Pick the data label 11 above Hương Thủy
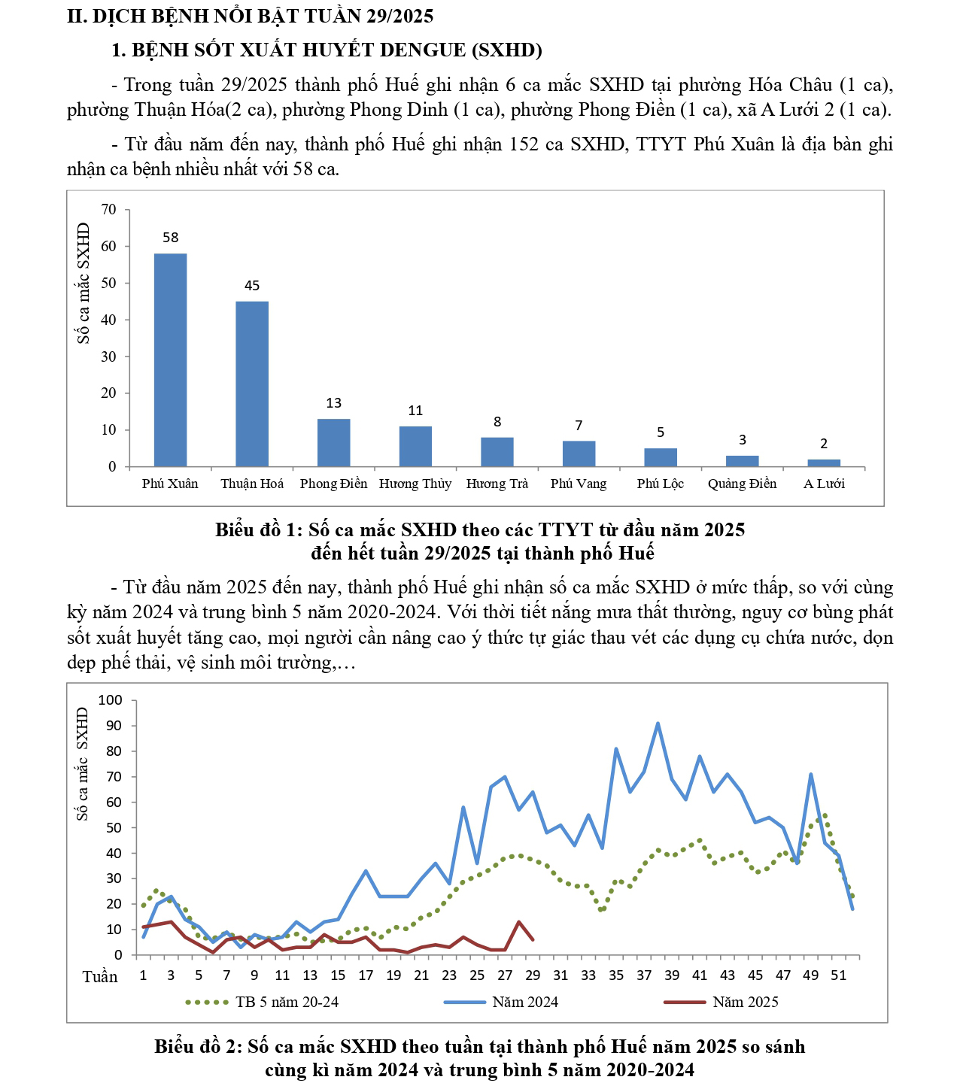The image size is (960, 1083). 415,411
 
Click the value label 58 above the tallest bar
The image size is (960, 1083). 171,238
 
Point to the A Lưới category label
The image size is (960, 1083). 824,484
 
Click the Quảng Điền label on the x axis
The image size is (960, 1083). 742,484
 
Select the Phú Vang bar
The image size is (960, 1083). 579,454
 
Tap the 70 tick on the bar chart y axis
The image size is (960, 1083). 109,209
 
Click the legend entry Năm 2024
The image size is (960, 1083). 525,1002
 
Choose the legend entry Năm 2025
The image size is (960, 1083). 745,1002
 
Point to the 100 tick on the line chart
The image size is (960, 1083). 110,700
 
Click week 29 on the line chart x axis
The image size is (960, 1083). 533,975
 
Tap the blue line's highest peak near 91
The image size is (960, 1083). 658,724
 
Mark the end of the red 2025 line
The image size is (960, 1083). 533,939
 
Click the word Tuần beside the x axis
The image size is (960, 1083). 100,976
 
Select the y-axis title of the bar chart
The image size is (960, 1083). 84,283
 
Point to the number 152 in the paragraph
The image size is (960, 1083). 524,144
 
